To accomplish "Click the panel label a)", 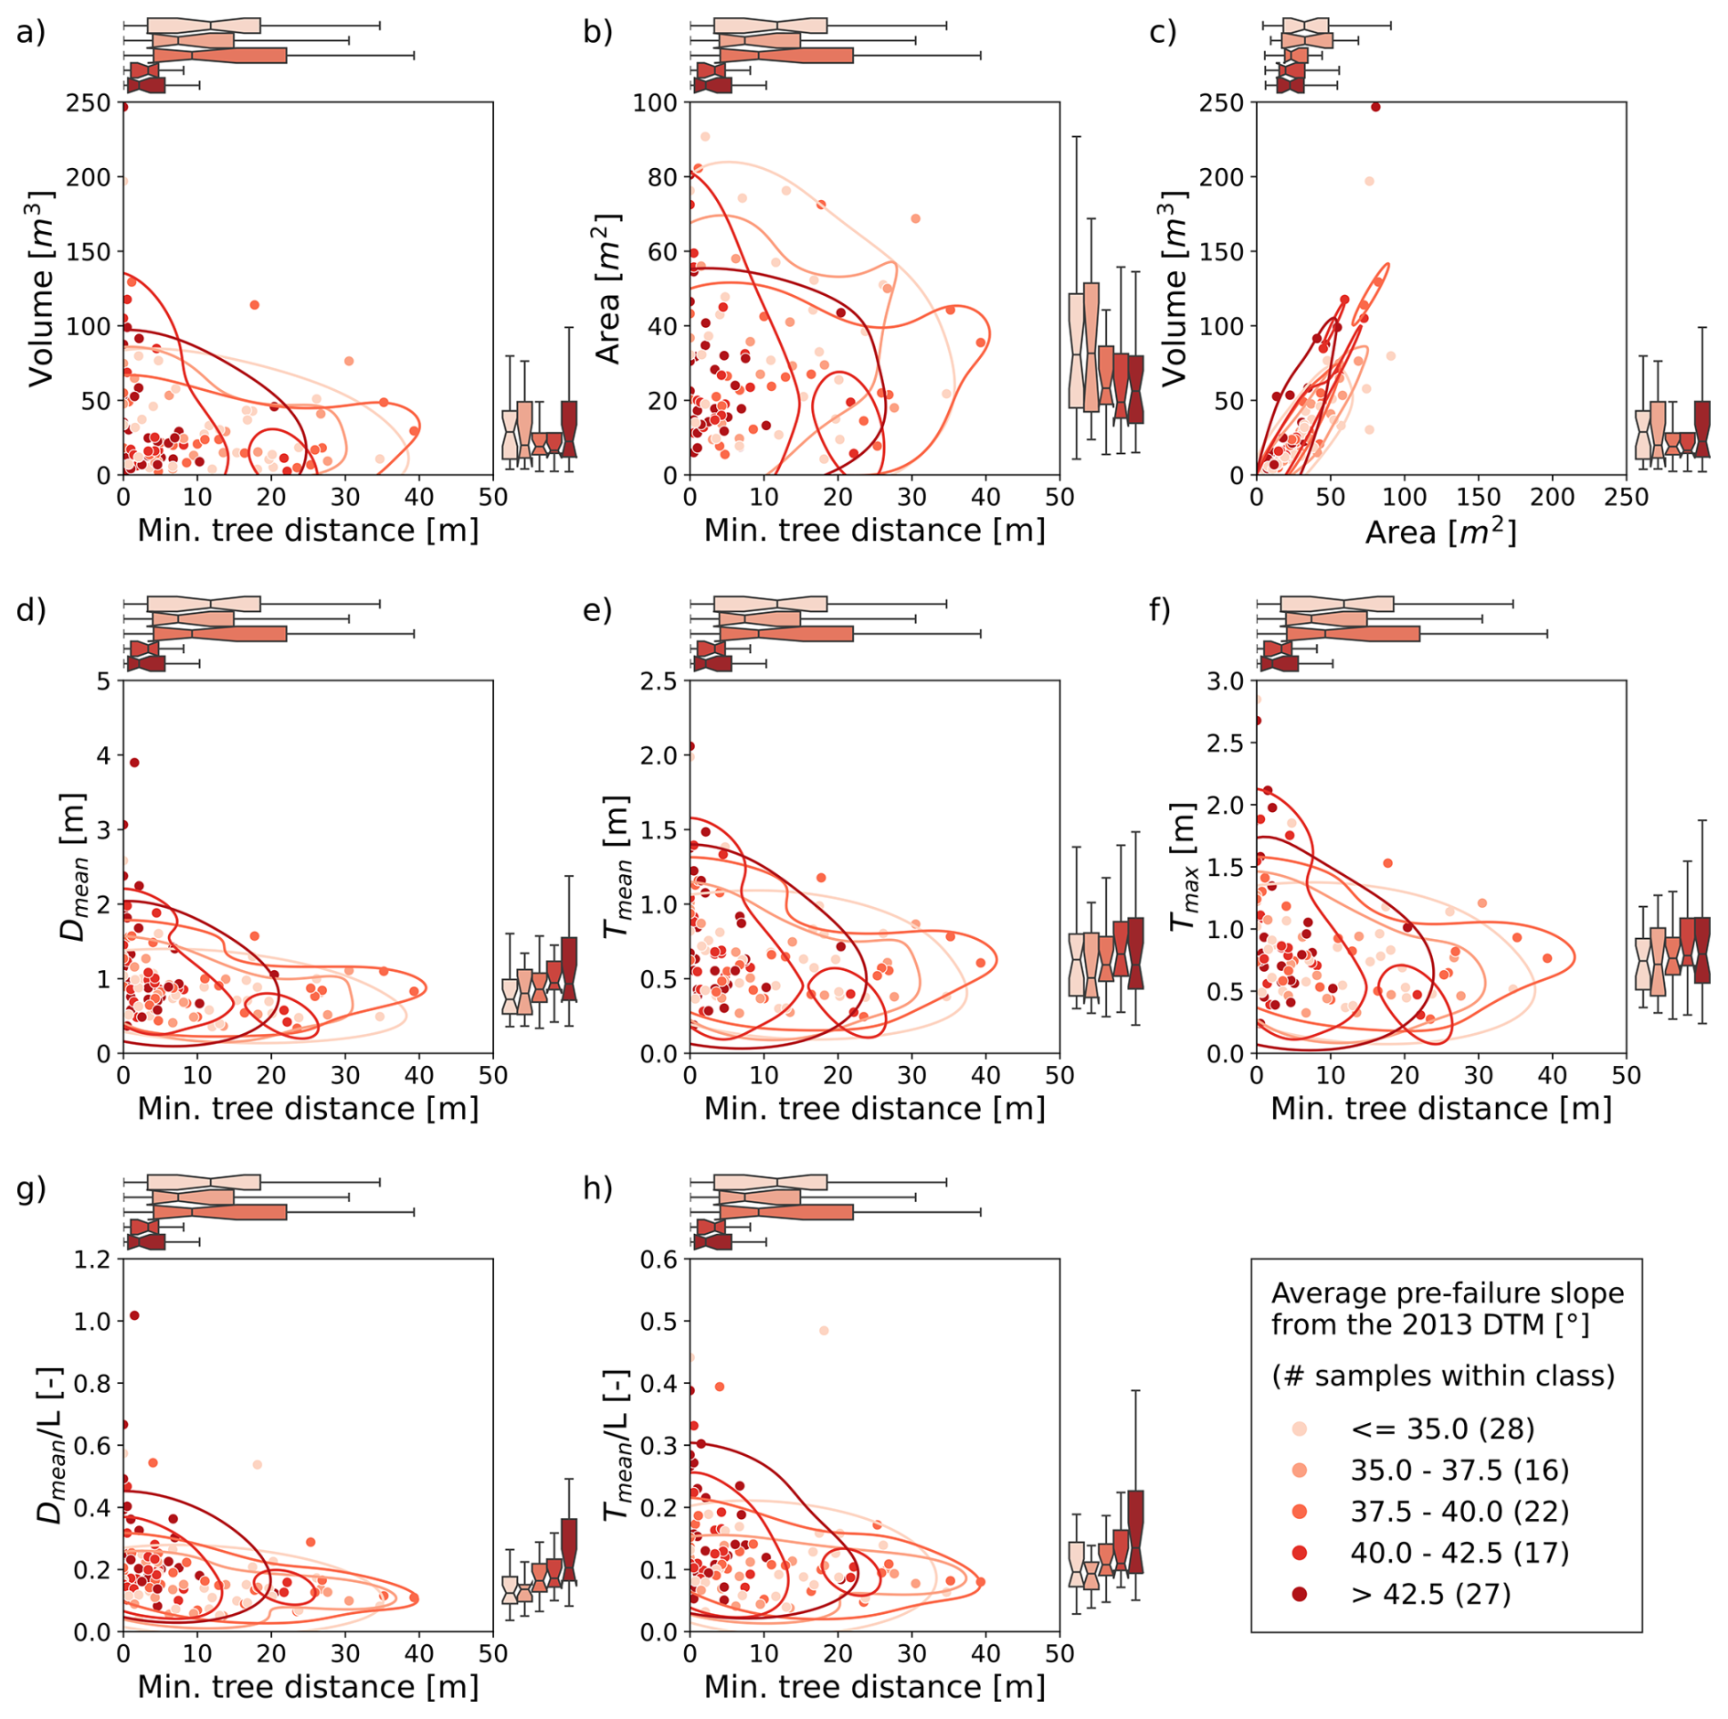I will (x=30, y=33).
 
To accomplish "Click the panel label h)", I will (x=597, y=1188).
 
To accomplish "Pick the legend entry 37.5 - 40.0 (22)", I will (x=1459, y=1512).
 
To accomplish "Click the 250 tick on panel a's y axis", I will (x=88, y=103).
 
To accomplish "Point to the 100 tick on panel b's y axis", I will (x=655, y=103).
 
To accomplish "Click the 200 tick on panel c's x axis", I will (x=1552, y=497).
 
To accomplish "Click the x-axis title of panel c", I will (x=1440, y=532).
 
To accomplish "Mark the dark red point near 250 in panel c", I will (x=1375, y=108).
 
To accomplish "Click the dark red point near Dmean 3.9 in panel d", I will (x=134, y=763).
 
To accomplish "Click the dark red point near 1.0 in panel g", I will (x=134, y=1315).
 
